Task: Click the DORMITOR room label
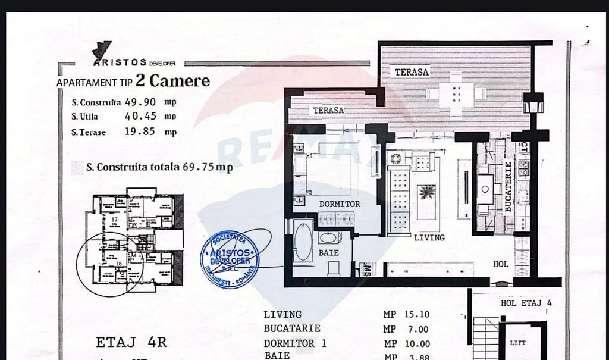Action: pyautogui.click(x=340, y=204)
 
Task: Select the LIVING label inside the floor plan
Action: pyautogui.click(x=429, y=237)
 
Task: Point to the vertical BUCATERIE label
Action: pyautogui.click(x=508, y=187)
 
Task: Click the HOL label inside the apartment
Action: pyautogui.click(x=501, y=264)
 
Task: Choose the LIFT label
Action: pyautogui.click(x=517, y=343)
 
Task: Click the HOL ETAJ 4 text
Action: pyautogui.click(x=526, y=303)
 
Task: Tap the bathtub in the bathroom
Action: pyautogui.click(x=303, y=241)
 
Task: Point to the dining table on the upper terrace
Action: pyautogui.click(x=457, y=94)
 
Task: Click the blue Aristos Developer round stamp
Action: pyautogui.click(x=230, y=259)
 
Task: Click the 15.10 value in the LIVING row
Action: pyautogui.click(x=416, y=315)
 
